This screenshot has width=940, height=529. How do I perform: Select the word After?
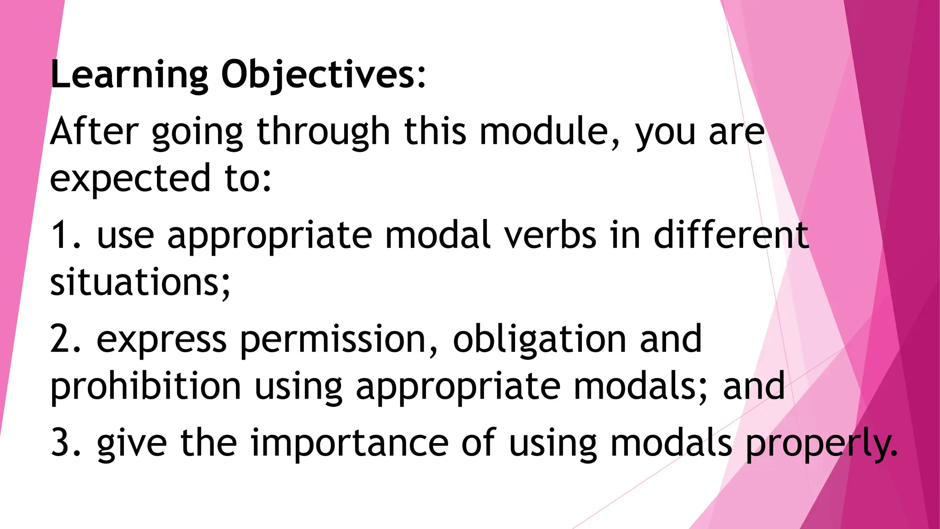pos(94,132)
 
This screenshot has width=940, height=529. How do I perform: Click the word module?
pos(543,132)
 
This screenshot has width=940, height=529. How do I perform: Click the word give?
pos(132,443)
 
